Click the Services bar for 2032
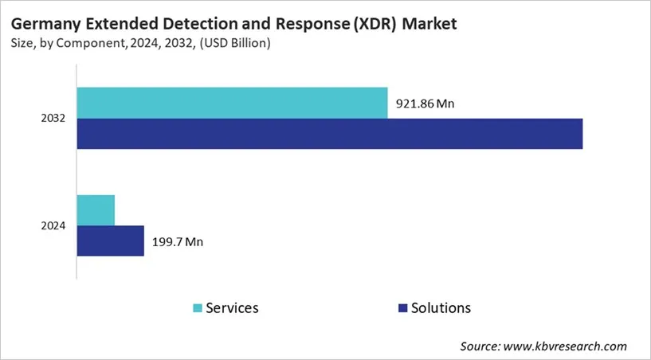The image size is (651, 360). point(232,103)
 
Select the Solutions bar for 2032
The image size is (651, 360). point(329,133)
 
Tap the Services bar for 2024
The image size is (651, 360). point(96,209)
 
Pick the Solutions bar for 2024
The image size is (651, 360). point(110,241)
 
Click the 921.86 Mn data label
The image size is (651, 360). point(425,104)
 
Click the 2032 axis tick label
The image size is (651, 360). point(53,119)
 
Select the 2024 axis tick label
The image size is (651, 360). point(53,225)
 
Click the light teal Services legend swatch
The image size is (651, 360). point(197,308)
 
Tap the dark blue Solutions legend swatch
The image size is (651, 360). point(402,308)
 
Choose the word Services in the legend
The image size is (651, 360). point(232,307)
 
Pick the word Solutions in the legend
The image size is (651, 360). point(441,307)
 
